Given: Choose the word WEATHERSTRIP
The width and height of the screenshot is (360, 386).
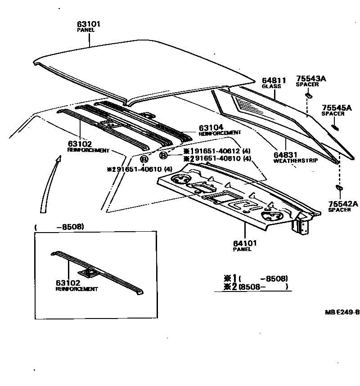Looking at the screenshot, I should coord(296,160).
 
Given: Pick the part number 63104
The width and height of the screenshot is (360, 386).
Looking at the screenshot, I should coord(211,128).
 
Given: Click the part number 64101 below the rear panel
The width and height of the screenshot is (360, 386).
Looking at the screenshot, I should coord(245,243).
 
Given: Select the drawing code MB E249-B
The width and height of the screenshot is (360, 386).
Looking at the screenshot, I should coord(342,312).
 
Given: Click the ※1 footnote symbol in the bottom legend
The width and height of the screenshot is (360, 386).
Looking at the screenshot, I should coord(230,278).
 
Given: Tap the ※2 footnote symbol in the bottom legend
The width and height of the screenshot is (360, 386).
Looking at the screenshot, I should coord(230,287).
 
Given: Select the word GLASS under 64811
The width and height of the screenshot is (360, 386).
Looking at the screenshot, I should coord(271,86).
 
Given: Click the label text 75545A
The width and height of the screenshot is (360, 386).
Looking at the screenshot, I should coord(336,108).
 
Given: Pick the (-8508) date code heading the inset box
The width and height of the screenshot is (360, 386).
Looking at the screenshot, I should coord(59,227).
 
